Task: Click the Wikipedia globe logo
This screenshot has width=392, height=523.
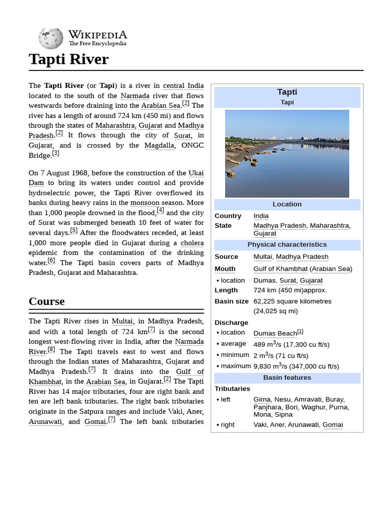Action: (51, 38)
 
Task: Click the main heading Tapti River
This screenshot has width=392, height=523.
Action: (69, 59)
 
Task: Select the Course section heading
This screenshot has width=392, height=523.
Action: (47, 301)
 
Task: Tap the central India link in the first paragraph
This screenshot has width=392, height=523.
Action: (183, 86)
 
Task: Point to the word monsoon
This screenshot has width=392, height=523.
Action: (145, 203)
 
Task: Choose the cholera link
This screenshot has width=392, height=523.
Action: (192, 243)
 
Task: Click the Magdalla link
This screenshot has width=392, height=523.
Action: (159, 146)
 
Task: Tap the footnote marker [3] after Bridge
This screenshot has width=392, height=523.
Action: (56, 153)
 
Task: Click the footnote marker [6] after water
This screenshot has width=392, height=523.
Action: (51, 260)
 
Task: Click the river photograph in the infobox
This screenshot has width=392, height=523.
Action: (287, 153)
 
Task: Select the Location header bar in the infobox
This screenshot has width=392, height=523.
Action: (287, 204)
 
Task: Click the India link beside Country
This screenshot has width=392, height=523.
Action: (261, 216)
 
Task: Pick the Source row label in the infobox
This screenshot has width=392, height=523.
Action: (226, 257)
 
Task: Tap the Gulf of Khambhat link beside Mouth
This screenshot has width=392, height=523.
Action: (280, 269)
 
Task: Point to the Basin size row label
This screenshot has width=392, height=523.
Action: (231, 301)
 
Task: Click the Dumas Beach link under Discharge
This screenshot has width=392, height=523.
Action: (275, 334)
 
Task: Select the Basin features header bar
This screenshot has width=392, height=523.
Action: (287, 378)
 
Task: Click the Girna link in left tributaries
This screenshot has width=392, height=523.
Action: (262, 399)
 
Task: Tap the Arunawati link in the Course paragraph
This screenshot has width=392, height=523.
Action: (45, 422)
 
